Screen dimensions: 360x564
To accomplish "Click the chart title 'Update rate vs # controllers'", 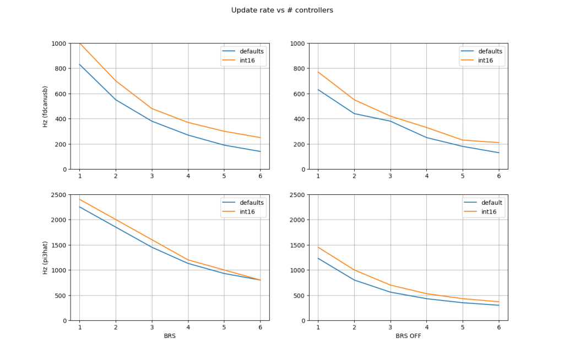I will point(282,10).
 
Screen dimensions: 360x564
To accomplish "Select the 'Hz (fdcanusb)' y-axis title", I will point(45,106).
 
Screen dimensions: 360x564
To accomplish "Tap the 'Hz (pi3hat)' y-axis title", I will point(45,258).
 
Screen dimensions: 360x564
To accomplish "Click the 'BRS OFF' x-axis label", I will point(408,335).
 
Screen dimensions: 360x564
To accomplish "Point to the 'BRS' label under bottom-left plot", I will point(170,335).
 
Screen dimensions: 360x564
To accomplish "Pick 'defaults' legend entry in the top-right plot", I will point(490,51).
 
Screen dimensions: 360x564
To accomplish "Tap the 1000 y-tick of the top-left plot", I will point(58,43).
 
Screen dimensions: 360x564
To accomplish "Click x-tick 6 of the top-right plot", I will point(499,176).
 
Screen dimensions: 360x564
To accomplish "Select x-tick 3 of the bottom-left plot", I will point(152,328).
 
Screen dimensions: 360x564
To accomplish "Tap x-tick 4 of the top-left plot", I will point(188,176).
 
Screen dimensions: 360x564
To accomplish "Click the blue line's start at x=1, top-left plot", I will point(79,64).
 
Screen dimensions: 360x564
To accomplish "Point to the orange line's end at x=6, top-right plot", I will point(499,143).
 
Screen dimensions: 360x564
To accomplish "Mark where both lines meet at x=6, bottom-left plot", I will point(261,280).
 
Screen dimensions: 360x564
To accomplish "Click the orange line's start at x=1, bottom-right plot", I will point(318,247).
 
